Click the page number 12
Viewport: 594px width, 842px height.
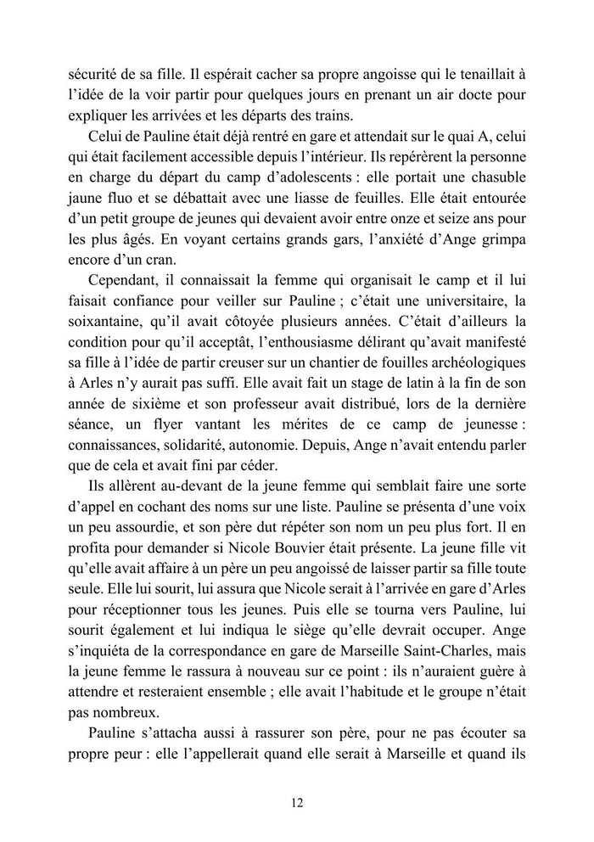tap(296, 801)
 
